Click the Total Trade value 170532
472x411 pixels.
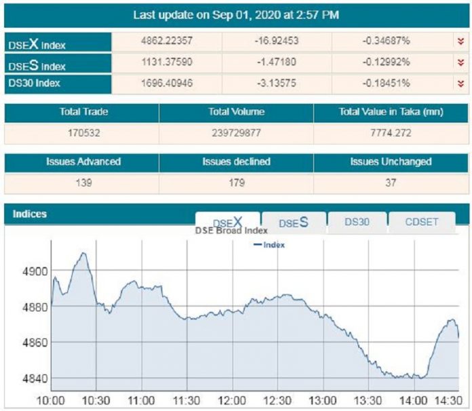click(82, 134)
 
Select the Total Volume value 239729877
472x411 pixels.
click(236, 134)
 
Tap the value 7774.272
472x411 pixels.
click(390, 134)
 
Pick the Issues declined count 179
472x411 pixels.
click(236, 183)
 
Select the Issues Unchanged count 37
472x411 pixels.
click(390, 183)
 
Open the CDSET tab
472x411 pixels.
click(421, 221)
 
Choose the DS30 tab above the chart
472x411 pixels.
click(357, 221)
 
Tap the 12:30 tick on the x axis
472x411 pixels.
click(277, 399)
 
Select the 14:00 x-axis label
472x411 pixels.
click(413, 399)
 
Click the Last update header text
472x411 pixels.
click(236, 14)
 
